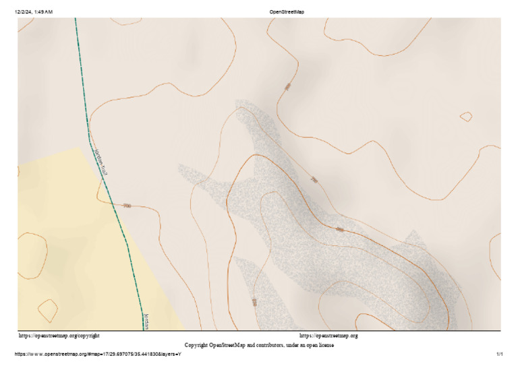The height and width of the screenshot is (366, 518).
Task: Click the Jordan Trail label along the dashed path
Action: point(102,162)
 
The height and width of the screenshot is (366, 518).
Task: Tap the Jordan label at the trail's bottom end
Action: point(145,321)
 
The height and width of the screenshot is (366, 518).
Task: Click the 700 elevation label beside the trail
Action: point(127,205)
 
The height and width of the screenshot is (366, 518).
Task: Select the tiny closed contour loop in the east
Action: point(465,117)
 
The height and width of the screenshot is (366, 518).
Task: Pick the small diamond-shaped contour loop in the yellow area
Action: point(47,310)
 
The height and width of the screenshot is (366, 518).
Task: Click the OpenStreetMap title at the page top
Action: point(287,12)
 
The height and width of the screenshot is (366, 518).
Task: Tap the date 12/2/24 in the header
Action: point(24,12)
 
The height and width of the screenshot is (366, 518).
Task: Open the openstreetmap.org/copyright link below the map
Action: point(59,335)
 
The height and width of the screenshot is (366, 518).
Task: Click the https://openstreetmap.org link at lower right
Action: point(328,335)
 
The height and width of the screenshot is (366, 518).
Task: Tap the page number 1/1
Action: point(500,354)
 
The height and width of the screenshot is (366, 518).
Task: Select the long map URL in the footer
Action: point(98,354)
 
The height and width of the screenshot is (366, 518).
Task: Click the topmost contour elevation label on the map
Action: point(287,87)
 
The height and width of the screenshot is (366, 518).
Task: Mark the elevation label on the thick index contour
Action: point(339,230)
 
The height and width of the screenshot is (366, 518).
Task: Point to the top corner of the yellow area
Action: point(81,147)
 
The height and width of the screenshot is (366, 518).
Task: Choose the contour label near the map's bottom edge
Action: point(254,301)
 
